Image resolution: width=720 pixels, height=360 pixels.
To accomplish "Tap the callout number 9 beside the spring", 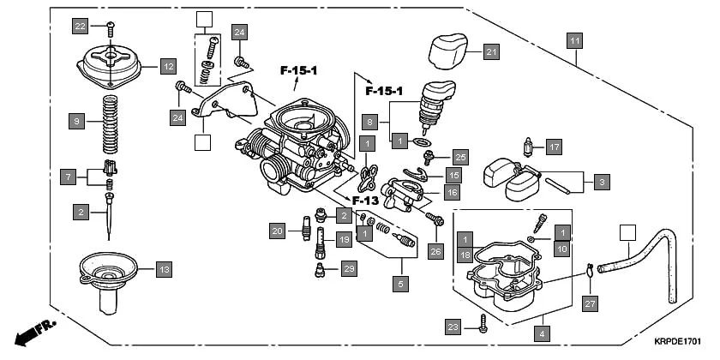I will [x=77, y=123].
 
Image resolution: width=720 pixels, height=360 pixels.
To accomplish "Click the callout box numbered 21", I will [x=489, y=52].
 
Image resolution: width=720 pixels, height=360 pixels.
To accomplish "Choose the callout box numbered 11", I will [x=574, y=40].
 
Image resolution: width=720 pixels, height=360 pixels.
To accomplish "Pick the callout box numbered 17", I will [x=553, y=147].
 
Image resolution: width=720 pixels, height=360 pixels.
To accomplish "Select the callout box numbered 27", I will [x=589, y=303].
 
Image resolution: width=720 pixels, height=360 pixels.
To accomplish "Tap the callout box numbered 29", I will [x=347, y=270].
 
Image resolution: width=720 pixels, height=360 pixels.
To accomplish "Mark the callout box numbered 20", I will [x=276, y=231].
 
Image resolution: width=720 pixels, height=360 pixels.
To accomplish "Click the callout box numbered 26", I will [x=437, y=252].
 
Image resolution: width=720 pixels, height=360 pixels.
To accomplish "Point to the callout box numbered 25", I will [x=460, y=157].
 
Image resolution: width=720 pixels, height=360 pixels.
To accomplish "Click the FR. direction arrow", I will [x=34, y=331].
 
